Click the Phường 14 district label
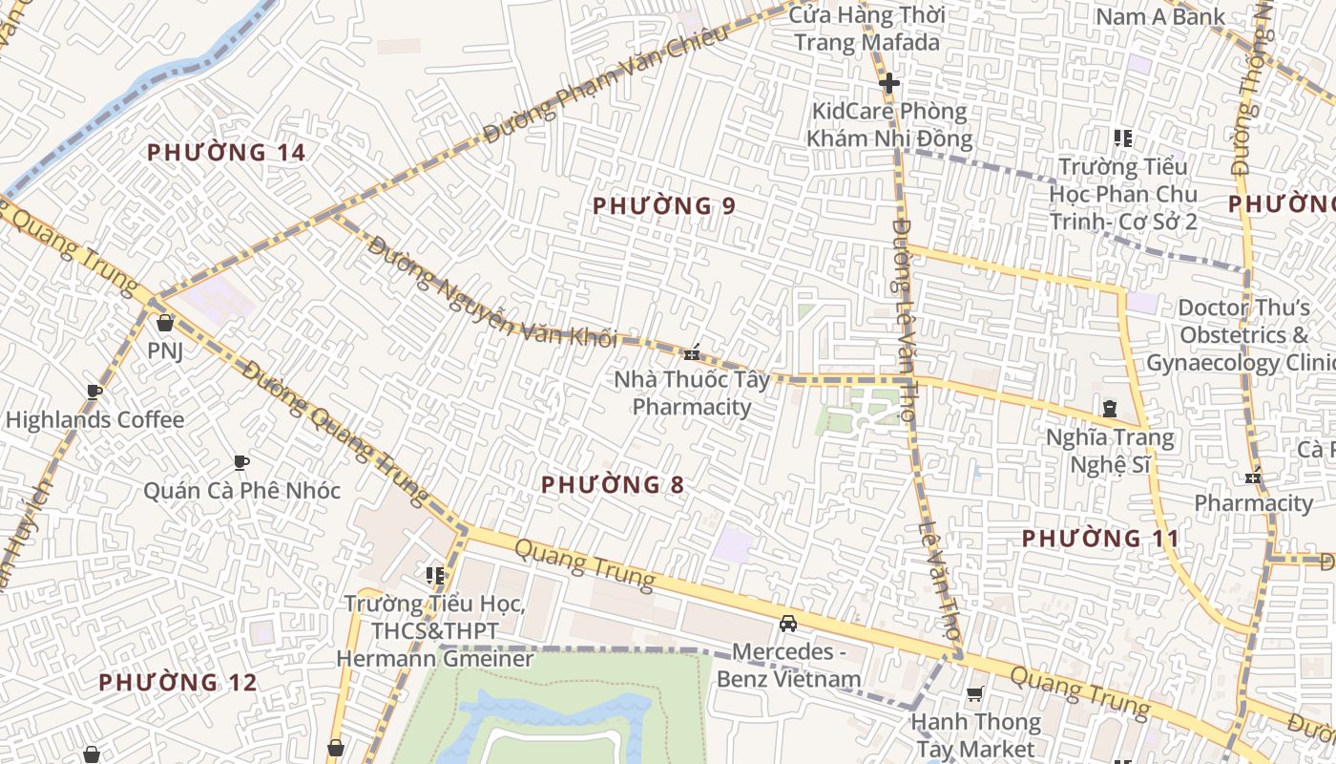tap(226, 152)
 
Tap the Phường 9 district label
tap(664, 205)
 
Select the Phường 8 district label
tap(613, 484)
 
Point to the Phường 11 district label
tap(1100, 538)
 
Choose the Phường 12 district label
tap(177, 682)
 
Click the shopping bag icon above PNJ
tap(164, 323)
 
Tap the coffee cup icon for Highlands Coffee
tap(94, 392)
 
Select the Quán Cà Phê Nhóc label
tap(241, 490)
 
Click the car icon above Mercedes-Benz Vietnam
tap(788, 624)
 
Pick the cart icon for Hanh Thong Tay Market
tap(974, 694)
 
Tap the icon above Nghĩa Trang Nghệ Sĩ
tap(1109, 409)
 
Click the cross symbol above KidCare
tap(889, 83)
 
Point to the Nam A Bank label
tap(1159, 16)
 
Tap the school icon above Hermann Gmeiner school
tap(435, 575)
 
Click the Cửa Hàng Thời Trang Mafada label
tap(866, 29)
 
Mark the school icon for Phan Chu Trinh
tap(1123, 138)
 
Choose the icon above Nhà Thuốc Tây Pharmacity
tap(692, 351)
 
